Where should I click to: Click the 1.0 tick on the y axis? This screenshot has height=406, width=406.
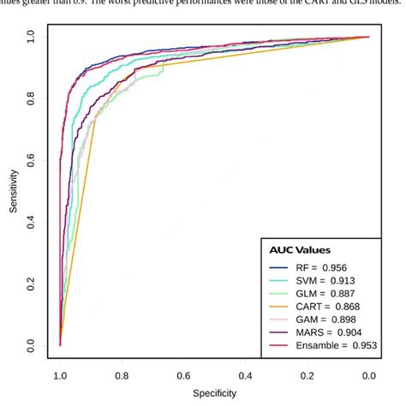[x=31, y=38]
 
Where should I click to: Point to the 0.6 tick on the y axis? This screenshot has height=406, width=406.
[x=31, y=161]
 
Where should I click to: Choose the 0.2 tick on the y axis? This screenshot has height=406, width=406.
[x=31, y=284]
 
